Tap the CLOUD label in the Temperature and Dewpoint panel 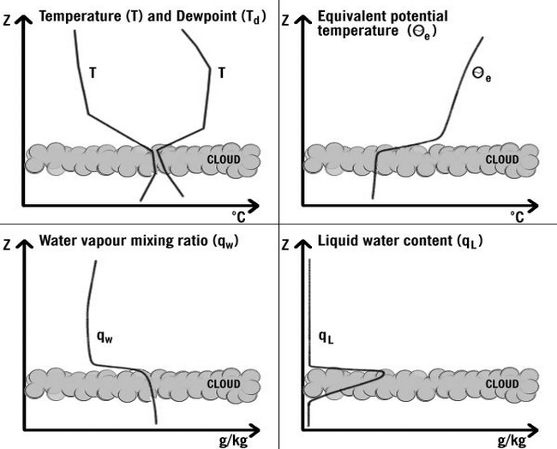point(223,159)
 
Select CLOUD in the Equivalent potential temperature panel point(502,159)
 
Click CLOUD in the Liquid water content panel point(502,384)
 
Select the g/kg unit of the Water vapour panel point(232,441)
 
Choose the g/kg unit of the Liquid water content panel point(512,441)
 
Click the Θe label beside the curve point(482,75)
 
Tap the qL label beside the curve point(326,336)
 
